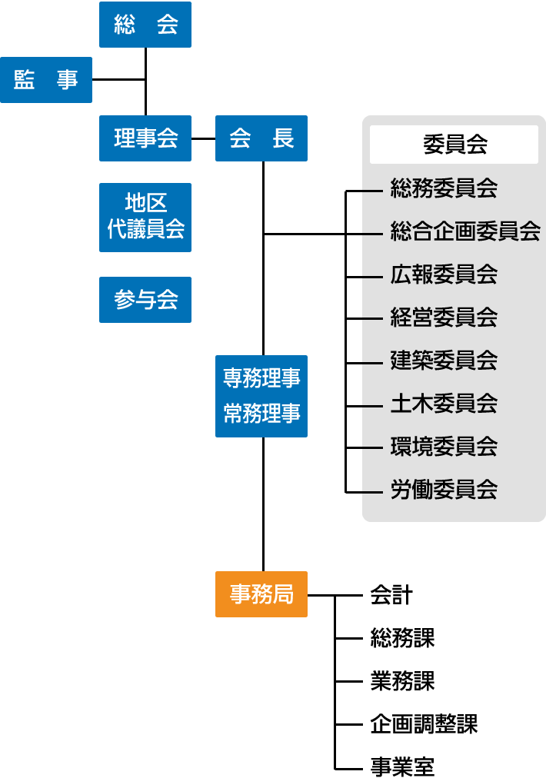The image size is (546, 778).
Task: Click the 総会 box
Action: [145, 25]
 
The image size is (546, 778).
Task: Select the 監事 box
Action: [46, 80]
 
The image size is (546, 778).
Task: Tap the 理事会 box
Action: [145, 138]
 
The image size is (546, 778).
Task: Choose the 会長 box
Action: [261, 138]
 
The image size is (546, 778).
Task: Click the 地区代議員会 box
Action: [145, 217]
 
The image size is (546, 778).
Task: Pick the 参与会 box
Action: [145, 300]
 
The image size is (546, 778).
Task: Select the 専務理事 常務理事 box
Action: [261, 396]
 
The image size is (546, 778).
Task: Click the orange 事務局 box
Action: [261, 594]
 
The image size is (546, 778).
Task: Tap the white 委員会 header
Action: [454, 145]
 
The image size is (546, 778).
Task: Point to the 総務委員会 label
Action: [444, 188]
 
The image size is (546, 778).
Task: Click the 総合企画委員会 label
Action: [465, 231]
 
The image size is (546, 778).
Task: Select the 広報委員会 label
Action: [444, 274]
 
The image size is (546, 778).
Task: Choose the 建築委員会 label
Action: [444, 360]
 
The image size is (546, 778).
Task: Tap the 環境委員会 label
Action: [444, 446]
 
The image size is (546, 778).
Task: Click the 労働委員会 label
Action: [444, 490]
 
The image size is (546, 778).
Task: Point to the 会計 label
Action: [391, 595]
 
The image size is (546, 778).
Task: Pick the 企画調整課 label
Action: [424, 724]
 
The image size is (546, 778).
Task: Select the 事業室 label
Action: [402, 767]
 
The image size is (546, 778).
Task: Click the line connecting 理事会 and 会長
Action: [203, 138]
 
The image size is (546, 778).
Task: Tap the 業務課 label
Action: [402, 681]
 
